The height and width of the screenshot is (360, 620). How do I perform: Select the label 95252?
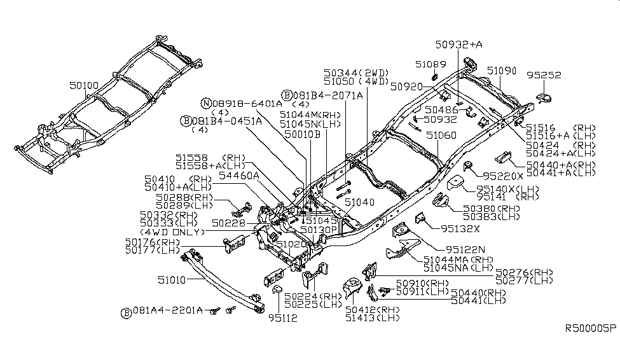(x=544, y=75)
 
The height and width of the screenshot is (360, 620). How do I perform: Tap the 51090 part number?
(x=501, y=70)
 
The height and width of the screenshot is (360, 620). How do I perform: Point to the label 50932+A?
(x=458, y=45)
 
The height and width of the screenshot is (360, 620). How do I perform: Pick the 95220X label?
(x=502, y=174)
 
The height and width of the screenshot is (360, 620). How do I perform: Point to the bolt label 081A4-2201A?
(x=167, y=311)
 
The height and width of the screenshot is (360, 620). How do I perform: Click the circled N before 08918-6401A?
(x=206, y=103)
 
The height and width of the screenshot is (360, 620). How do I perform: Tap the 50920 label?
(x=406, y=85)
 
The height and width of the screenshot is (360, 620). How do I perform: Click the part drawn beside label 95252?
(x=544, y=97)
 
